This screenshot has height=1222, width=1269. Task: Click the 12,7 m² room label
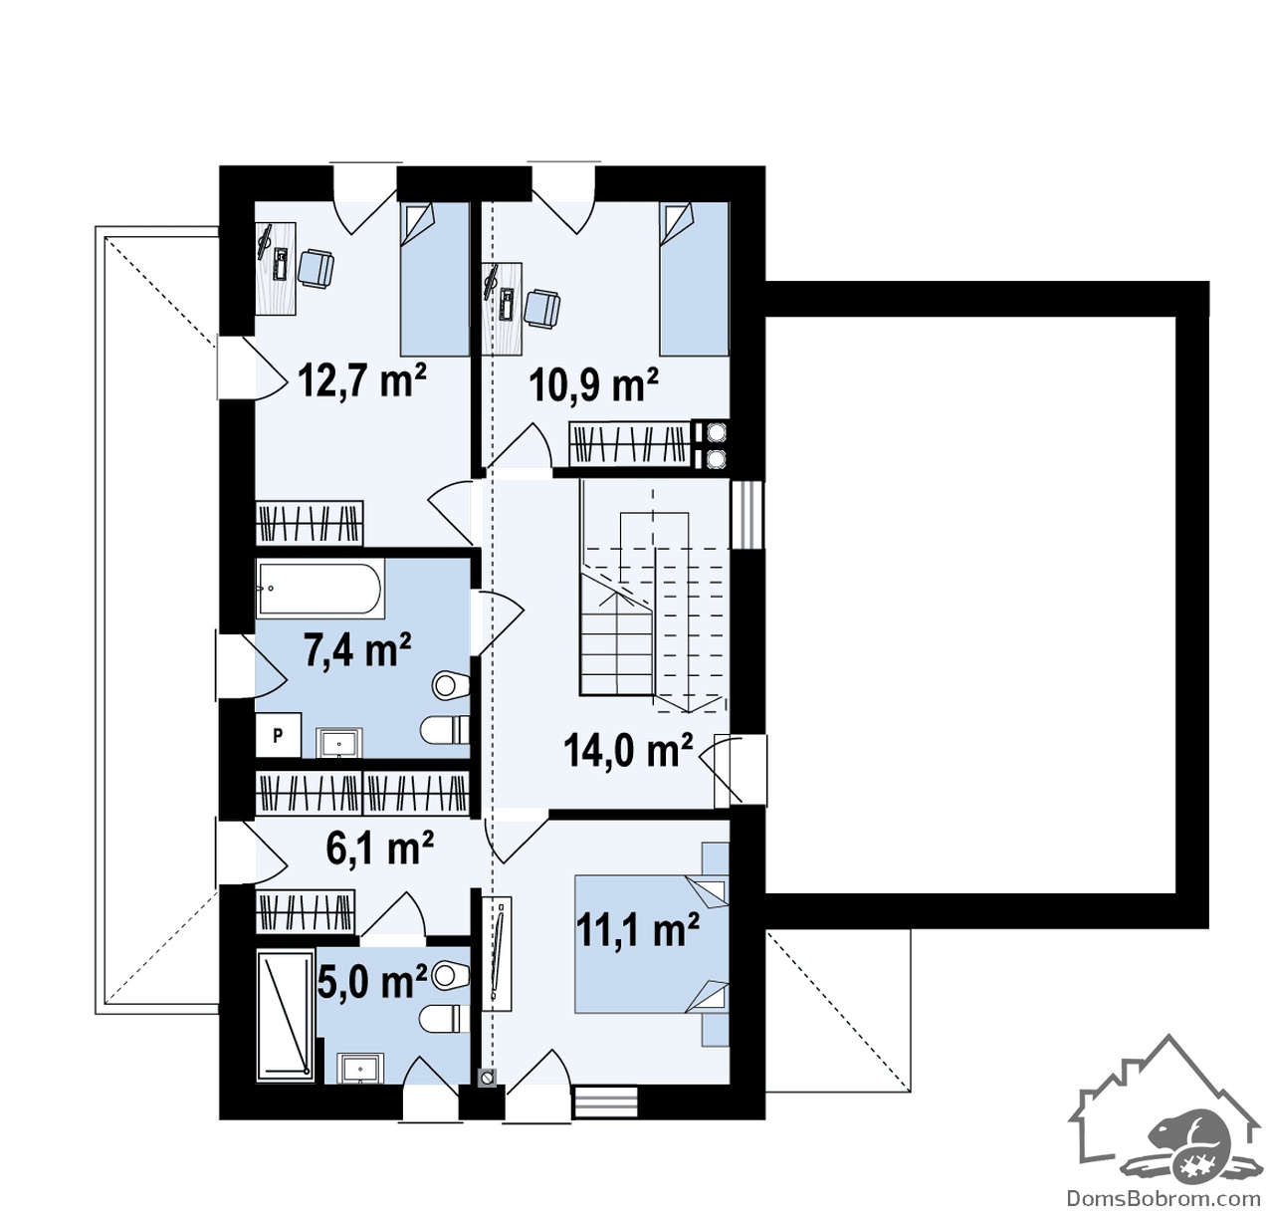pyautogui.click(x=362, y=380)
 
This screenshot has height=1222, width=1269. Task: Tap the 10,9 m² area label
pyautogui.click(x=593, y=385)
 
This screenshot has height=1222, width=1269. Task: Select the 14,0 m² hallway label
pyautogui.click(x=627, y=751)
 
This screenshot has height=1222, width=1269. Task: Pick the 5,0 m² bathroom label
pyautogui.click(x=372, y=981)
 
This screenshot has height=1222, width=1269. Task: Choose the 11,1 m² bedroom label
pyautogui.click(x=637, y=929)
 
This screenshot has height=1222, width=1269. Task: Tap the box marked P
pyautogui.click(x=279, y=735)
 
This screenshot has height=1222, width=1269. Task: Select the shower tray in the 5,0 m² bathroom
pyautogui.click(x=285, y=1017)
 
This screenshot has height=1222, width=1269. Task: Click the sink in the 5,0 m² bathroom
pyautogui.click(x=360, y=1069)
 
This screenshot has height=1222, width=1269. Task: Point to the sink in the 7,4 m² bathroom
pyautogui.click(x=339, y=743)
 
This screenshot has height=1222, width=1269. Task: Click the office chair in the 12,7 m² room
pyautogui.click(x=317, y=268)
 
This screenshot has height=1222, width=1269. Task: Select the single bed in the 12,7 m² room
pyautogui.click(x=434, y=279)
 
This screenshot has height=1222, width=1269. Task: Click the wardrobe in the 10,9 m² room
pyautogui.click(x=629, y=444)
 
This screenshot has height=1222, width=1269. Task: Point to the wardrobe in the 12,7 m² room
pyautogui.click(x=310, y=523)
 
